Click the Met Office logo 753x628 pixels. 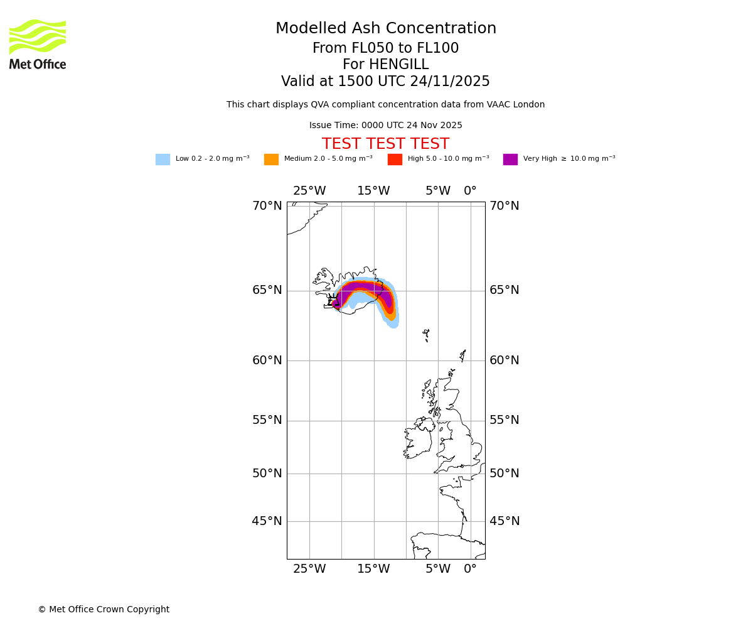[x=38, y=44]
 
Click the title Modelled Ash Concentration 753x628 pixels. [x=385, y=29]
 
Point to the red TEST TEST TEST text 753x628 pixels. [x=385, y=144]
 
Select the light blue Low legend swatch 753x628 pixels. [x=163, y=160]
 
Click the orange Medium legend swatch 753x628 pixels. [x=271, y=160]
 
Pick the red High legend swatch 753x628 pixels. [x=395, y=160]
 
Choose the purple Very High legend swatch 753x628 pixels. [x=510, y=160]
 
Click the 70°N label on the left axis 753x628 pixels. [x=267, y=206]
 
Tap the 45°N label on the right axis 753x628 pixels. [x=505, y=521]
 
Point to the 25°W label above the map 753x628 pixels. [x=309, y=191]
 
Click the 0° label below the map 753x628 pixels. [x=470, y=569]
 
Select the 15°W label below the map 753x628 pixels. [x=373, y=569]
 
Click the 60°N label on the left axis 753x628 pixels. [x=267, y=360]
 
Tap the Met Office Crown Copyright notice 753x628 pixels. [x=104, y=609]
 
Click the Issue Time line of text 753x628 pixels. [x=385, y=126]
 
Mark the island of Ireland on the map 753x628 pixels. [x=417, y=440]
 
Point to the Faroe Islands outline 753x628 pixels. [x=426, y=334]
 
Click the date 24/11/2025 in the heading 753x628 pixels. [x=450, y=82]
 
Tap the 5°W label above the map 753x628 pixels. [x=438, y=191]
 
